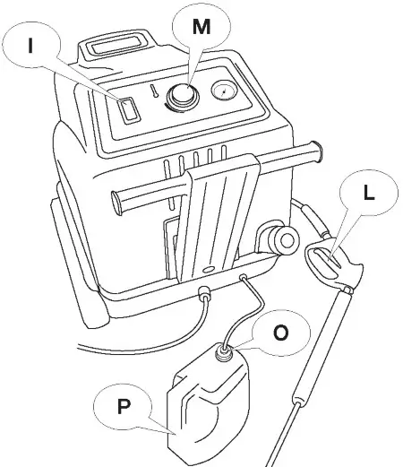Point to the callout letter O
click(279, 332)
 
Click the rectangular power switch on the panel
click(129, 110)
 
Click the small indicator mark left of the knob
click(155, 91)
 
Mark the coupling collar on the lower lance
click(299, 394)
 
